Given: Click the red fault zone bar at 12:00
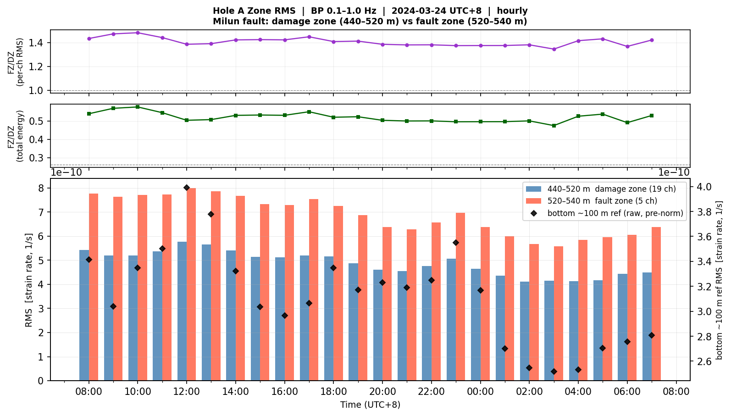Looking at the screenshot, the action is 191,284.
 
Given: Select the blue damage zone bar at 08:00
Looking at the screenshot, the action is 84,315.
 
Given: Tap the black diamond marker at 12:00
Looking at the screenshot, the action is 187,188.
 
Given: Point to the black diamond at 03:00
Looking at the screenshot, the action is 554,372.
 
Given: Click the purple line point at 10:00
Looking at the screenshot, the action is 138,33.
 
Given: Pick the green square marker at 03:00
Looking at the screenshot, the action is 554,126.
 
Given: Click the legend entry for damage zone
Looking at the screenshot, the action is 601,189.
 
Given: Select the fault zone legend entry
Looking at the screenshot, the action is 592,201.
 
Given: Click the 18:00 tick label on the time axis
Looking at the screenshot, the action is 333,392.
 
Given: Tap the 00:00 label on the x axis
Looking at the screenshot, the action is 480,392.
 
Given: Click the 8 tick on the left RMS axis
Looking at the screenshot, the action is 41,188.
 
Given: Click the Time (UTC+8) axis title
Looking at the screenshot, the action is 371,405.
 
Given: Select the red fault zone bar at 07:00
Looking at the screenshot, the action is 656,304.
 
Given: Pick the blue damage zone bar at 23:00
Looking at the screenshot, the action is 451,320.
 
